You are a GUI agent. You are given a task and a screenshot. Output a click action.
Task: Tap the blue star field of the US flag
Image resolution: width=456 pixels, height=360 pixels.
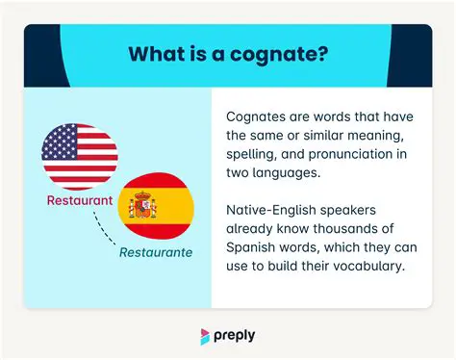pyautogui.click(x=61, y=142)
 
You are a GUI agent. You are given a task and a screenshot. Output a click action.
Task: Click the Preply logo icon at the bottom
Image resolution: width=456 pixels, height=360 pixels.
pyautogui.click(x=206, y=336)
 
